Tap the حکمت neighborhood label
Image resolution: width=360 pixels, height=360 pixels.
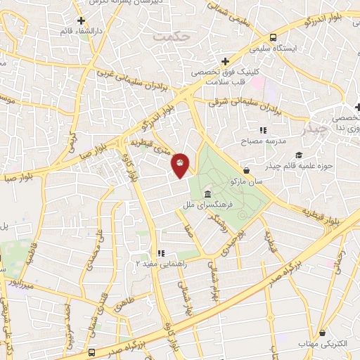point(175,34)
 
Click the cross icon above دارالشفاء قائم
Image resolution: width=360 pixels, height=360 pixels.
point(82,20)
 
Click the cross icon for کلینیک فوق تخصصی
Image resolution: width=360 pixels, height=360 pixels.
point(224,60)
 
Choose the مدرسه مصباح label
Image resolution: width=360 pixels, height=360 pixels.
point(263,141)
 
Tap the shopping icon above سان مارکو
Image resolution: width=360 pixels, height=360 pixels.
point(246,170)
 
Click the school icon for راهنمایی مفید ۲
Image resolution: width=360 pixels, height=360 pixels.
point(161,254)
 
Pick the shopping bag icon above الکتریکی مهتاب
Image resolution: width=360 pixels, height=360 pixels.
point(322,332)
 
